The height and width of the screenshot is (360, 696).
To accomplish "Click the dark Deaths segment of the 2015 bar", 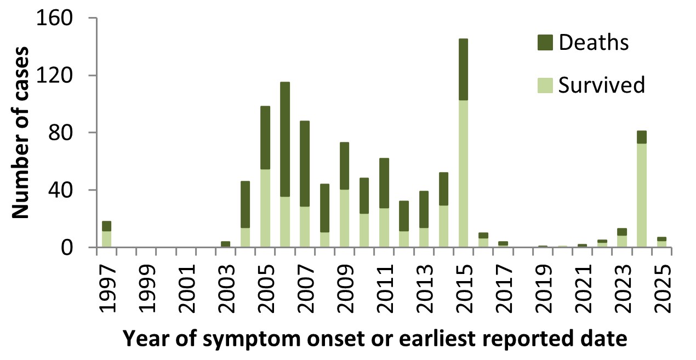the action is (463, 69).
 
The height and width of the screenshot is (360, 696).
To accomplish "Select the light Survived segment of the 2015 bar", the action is (463, 174).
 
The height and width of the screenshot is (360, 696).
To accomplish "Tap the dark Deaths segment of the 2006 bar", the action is (285, 139).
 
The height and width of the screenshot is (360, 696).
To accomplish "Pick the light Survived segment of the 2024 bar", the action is (641, 196).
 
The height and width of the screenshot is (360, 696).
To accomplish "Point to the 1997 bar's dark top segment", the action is (106, 226).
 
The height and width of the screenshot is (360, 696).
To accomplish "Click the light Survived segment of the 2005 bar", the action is (265, 208).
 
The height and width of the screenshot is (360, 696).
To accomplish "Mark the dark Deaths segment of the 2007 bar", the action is (305, 164).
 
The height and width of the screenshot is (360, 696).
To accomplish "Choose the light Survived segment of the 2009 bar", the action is (344, 219).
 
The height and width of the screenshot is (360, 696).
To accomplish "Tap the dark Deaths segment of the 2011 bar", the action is (384, 183).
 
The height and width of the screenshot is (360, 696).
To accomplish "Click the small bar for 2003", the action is (226, 244).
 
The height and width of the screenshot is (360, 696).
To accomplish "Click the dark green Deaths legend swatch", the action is (545, 43).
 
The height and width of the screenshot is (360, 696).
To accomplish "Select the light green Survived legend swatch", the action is (545, 85).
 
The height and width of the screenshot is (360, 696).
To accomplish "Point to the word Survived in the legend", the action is (602, 85).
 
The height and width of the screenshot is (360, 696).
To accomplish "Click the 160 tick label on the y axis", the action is (55, 18).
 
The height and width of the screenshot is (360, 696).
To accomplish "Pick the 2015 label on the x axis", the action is (464, 289).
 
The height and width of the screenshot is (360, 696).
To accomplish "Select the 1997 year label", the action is (107, 289).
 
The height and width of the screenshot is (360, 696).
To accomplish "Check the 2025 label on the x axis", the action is (663, 289).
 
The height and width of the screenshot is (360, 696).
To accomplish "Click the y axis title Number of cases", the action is (20, 133).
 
